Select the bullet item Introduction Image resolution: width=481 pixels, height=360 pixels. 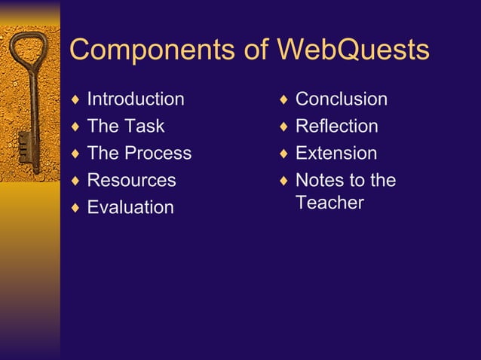[136, 99]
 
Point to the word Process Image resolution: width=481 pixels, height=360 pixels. [158, 153]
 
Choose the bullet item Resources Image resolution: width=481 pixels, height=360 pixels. [131, 180]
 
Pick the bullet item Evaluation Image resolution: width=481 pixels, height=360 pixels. [130, 207]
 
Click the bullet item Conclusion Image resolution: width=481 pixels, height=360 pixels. [341, 99]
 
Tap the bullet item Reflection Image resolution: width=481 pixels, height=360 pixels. [336, 126]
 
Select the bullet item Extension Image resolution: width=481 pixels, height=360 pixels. [335, 153]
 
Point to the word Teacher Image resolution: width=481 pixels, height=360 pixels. [329, 203]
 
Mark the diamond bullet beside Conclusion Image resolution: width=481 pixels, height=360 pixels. [283, 99]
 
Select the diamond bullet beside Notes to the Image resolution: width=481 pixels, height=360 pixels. [283, 181]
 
